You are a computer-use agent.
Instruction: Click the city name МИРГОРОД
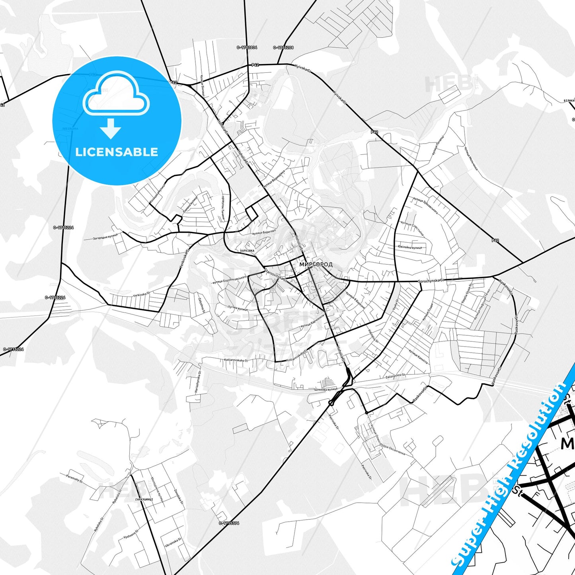316,264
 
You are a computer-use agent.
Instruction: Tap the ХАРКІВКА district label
247,251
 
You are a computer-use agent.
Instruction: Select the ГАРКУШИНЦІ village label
144,499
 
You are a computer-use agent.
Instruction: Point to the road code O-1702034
247,47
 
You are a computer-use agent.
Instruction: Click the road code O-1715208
283,47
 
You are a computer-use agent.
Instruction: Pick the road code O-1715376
229,523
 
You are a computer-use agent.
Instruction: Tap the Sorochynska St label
431,281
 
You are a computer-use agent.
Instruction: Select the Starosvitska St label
275,275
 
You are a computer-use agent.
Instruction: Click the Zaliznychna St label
395,375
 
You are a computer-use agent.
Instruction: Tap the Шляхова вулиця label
326,389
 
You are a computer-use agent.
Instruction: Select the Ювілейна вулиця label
409,247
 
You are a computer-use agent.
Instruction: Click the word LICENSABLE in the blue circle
117,152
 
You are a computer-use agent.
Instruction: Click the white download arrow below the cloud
111,129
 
